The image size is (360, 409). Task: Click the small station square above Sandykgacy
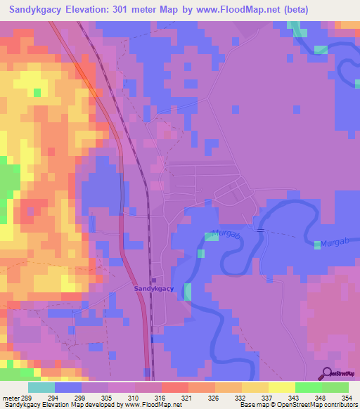click(154, 280)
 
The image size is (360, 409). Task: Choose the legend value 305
click(107, 398)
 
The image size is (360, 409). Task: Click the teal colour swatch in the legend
click(41, 387)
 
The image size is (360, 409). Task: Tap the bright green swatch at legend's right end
click(335, 387)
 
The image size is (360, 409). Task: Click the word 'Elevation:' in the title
click(91, 9)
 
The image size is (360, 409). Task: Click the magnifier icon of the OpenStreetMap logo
click(326, 375)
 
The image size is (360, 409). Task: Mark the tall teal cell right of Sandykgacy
click(188, 292)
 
